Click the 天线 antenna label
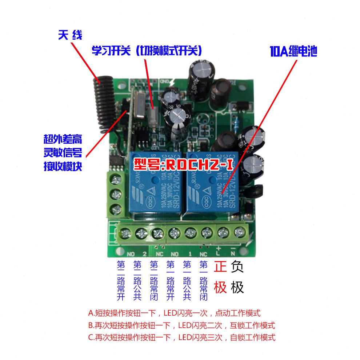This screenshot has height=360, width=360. (x=70, y=35)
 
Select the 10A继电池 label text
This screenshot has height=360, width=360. (x=293, y=52)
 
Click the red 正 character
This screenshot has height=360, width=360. (x=220, y=267)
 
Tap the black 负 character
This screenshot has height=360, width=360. (x=237, y=267)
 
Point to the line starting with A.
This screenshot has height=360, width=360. (x=175, y=313)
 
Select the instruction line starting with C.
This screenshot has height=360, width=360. (x=182, y=337)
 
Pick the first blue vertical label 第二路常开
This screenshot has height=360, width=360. (x=121, y=280)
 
